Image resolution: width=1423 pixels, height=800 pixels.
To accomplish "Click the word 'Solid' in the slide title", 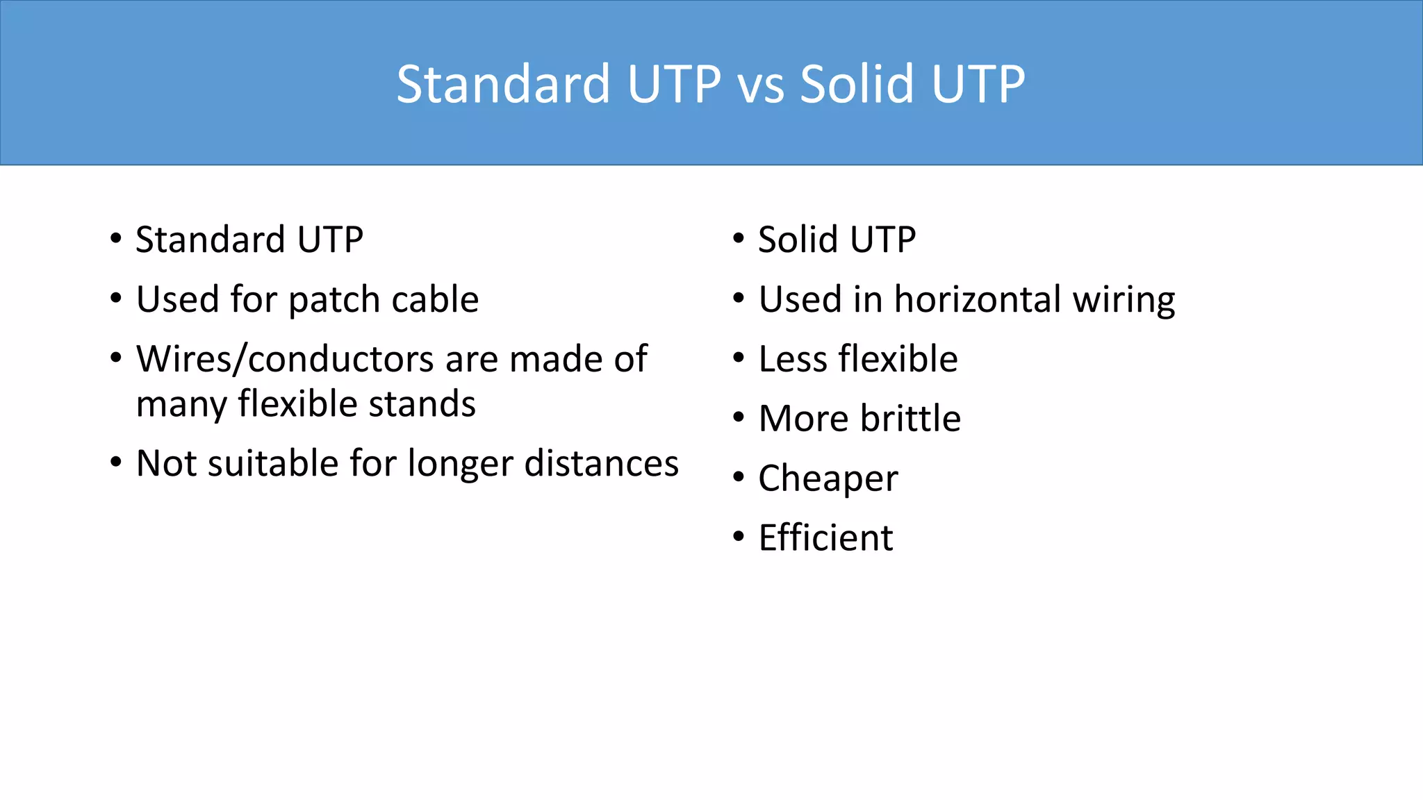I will [x=857, y=85].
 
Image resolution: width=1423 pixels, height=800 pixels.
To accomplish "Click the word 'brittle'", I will [x=910, y=418].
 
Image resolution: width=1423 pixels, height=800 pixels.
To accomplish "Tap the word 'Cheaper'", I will [x=828, y=478].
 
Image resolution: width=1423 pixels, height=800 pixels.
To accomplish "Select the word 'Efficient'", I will [x=825, y=537].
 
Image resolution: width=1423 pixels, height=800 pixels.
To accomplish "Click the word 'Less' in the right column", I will [x=793, y=359].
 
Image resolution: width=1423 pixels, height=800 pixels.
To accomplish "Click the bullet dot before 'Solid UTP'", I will [x=739, y=239].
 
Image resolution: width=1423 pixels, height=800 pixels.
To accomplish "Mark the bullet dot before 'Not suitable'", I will [x=116, y=462].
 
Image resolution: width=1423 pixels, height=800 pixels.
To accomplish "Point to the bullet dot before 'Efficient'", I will [x=739, y=537].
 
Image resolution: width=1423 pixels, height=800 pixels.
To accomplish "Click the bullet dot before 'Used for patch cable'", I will [x=116, y=299].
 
